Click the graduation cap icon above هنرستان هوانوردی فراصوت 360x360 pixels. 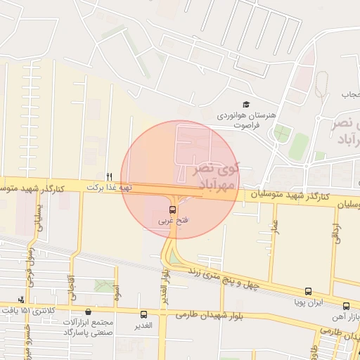(x=246, y=104)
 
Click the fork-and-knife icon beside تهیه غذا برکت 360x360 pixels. (x=108, y=176)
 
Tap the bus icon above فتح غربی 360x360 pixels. (x=173, y=210)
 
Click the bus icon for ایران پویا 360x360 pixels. (x=308, y=291)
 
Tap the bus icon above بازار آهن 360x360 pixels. (x=346, y=306)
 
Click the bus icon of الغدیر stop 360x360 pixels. (x=144, y=314)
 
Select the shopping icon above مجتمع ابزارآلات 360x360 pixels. (x=88, y=312)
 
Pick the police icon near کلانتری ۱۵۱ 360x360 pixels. (x=20, y=300)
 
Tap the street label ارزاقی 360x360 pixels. (x=335, y=233)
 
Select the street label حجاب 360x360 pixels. (x=350, y=94)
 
